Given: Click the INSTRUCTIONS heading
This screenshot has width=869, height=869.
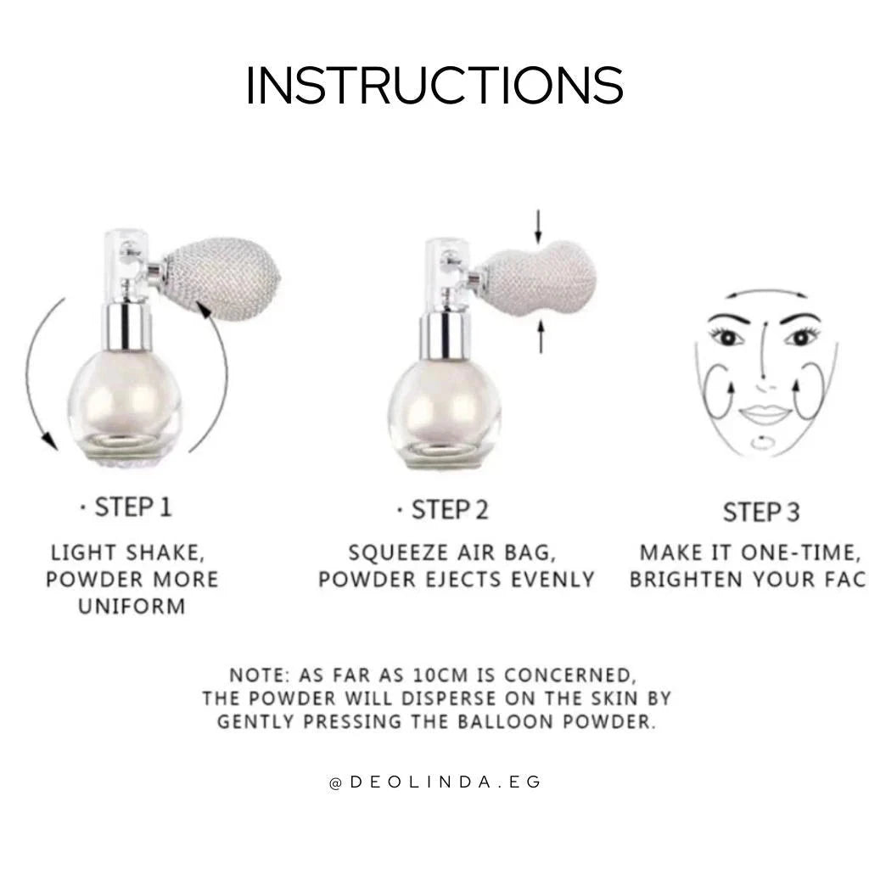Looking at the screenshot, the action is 434,85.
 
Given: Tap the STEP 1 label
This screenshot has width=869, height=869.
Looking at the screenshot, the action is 133,507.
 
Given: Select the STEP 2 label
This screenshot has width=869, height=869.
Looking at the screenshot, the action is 450,510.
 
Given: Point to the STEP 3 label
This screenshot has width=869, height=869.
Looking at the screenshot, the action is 761,512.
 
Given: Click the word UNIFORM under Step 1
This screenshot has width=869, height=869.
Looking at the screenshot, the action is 132,606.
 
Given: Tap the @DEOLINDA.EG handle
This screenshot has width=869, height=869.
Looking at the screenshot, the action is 434,782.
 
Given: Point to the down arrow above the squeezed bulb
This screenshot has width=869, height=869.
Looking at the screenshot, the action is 537,227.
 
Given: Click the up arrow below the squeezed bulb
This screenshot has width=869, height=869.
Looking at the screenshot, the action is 541,337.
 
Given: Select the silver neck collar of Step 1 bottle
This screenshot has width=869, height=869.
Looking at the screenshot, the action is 126,327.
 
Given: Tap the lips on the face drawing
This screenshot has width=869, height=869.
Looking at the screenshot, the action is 765,414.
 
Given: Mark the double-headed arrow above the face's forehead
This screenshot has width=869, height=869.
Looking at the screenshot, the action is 766,291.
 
